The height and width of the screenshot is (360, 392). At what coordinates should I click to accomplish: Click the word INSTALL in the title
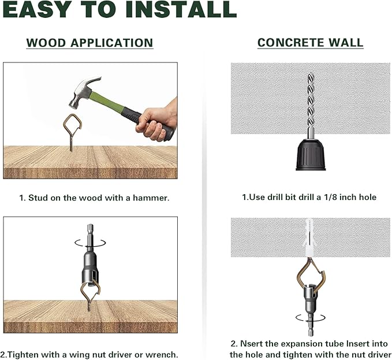181,9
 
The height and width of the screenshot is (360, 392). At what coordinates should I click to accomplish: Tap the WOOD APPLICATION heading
89,43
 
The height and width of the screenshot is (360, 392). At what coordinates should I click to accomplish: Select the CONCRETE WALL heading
310,43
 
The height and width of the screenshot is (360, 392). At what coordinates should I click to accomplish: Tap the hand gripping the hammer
157,121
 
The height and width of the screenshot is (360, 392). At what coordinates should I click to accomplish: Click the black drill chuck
311,155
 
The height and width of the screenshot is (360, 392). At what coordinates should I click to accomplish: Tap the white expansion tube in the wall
309,237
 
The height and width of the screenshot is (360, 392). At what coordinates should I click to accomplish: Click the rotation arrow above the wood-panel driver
90,243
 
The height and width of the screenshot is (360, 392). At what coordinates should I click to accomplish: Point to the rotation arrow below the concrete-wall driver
310,318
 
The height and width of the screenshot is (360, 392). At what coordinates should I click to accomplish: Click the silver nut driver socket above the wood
90,270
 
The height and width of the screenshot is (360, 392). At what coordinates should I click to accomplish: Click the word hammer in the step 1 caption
151,198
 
